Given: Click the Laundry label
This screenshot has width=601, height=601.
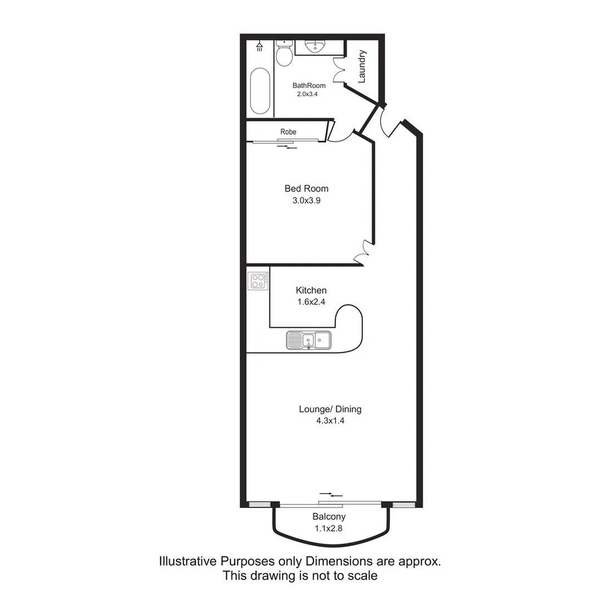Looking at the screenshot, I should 362,66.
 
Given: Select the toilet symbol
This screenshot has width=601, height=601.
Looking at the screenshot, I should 284,55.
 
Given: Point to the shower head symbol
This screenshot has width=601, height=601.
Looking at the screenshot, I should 259,45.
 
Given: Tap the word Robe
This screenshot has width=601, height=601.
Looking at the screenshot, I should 288,132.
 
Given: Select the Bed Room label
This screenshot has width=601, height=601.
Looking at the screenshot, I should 306,189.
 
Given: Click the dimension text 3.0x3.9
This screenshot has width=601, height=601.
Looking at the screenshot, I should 306,200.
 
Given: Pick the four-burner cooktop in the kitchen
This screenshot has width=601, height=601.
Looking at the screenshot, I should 258,280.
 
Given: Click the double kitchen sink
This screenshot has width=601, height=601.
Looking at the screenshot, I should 308,339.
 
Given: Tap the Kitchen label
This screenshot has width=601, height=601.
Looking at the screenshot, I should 311,290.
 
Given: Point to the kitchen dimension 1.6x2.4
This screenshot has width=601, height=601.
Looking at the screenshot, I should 311,302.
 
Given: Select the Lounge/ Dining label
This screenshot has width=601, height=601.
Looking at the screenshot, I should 330,410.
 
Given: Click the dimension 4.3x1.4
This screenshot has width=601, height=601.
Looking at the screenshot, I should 330,421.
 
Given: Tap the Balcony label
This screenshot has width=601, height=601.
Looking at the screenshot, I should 329,517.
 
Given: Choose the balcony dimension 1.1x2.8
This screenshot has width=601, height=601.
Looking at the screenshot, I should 329,529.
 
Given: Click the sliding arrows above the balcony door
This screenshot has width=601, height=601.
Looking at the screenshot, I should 331,494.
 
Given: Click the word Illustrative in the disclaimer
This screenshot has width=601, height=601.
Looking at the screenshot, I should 189,561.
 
